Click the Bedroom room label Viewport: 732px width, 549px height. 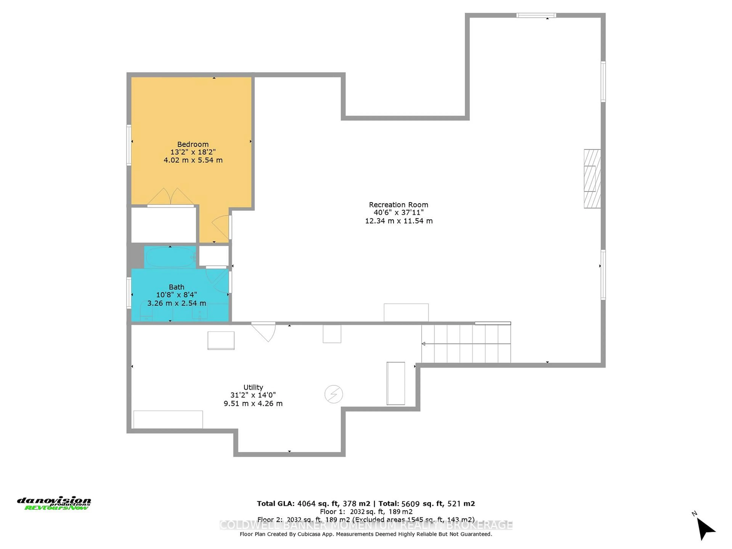point(193,144)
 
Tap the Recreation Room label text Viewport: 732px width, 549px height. point(398,205)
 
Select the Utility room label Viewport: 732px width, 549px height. point(253,387)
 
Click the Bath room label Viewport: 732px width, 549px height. point(176,287)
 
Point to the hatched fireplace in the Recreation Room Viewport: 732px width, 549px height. point(592,179)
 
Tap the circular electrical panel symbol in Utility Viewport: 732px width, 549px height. point(334,394)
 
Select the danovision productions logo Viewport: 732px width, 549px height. point(54,503)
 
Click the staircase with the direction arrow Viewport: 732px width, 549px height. point(466,344)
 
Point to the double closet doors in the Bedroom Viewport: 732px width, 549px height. point(170,197)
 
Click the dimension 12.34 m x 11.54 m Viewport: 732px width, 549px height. point(398,221)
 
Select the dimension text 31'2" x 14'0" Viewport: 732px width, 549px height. point(253,395)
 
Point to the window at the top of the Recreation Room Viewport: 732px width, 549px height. point(536,15)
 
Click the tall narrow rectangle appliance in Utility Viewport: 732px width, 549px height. point(396,383)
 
